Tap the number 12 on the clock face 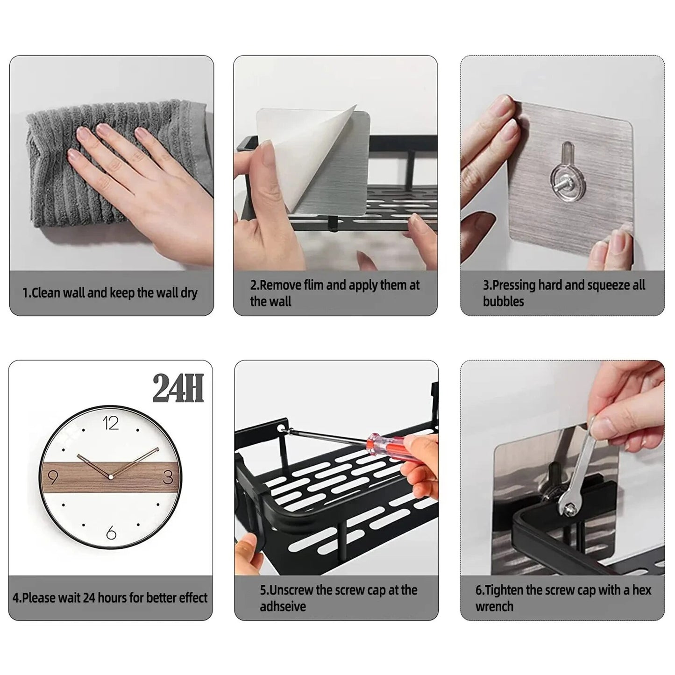pyautogui.click(x=111, y=423)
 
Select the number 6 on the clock pyautogui.click(x=111, y=533)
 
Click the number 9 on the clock pyautogui.click(x=53, y=477)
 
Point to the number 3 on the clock pyautogui.click(x=168, y=477)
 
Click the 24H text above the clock pyautogui.click(x=178, y=389)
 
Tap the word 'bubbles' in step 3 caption pyautogui.click(x=503, y=302)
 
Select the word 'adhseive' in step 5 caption pyautogui.click(x=283, y=607)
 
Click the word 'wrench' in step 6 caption pyautogui.click(x=494, y=607)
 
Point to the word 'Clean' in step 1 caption pyautogui.click(x=46, y=293)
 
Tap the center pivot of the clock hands pyautogui.click(x=111, y=477)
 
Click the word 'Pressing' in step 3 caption pyautogui.click(x=513, y=285)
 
